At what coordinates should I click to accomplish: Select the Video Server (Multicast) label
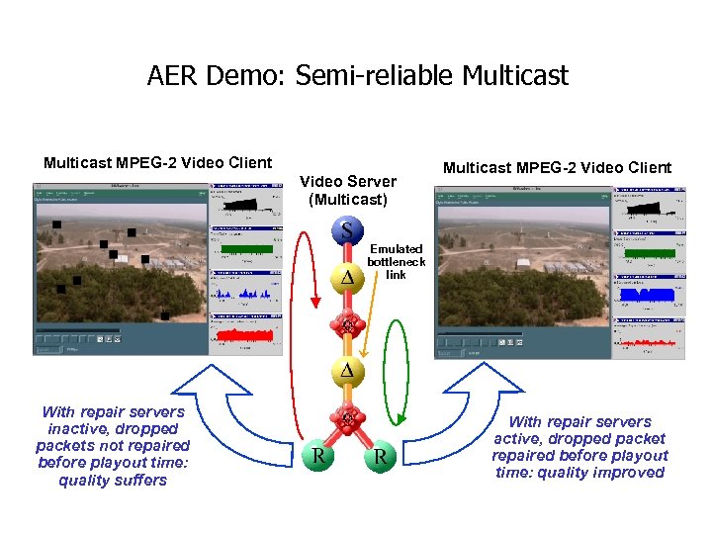tap(347, 190)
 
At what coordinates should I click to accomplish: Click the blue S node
tap(347, 231)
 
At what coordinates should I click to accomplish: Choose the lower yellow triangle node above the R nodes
tap(347, 370)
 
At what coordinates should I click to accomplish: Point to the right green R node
tap(380, 457)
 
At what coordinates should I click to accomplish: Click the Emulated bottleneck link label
tap(396, 261)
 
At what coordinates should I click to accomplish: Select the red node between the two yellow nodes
tap(347, 324)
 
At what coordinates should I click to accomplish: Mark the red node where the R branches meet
tap(347, 419)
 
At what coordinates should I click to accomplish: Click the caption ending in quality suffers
tap(113, 446)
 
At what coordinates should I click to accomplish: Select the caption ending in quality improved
tap(579, 447)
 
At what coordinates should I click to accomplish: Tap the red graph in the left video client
tap(243, 336)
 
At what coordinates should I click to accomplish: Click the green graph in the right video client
tap(647, 254)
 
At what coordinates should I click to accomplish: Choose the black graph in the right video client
tap(647, 209)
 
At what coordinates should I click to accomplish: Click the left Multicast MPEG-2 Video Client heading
tap(157, 162)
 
